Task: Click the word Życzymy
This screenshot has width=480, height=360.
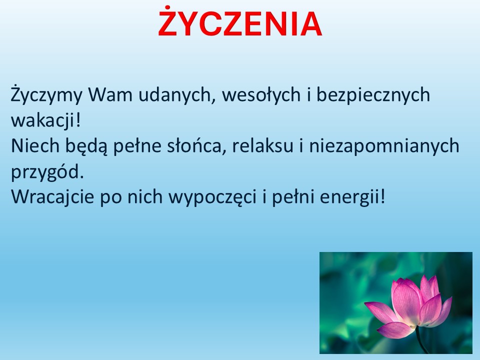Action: (x=46, y=95)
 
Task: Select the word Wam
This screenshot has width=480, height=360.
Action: (x=110, y=94)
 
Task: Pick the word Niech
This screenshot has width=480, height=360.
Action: (x=35, y=145)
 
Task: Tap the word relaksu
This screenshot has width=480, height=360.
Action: (x=262, y=145)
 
